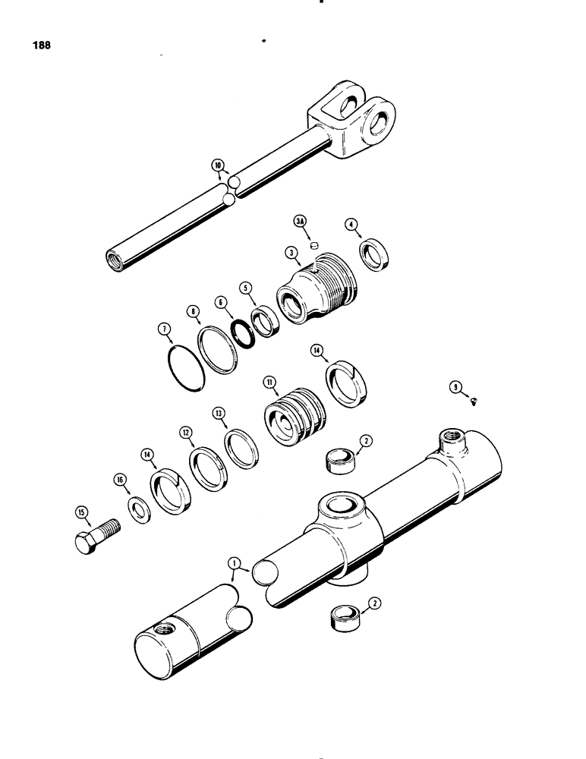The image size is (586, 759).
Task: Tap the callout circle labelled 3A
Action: (300, 222)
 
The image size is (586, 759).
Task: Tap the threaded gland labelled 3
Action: (313, 291)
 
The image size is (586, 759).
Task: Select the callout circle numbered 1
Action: (235, 562)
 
